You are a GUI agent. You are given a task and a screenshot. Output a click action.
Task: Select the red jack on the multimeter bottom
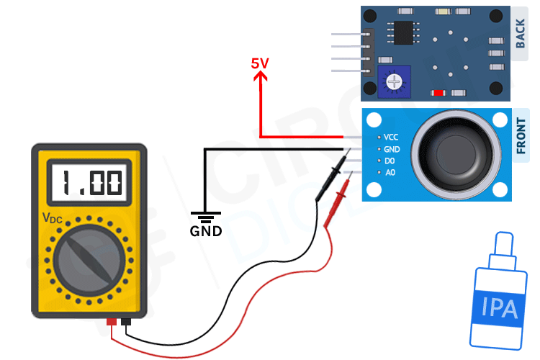pos(112,322)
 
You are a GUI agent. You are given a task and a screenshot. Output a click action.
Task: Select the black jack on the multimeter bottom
pos(127,322)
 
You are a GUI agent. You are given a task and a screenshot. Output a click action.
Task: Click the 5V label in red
pos(259,63)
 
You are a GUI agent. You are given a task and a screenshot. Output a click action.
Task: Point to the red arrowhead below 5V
pos(259,77)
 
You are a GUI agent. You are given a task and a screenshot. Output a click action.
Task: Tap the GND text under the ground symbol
pos(206,232)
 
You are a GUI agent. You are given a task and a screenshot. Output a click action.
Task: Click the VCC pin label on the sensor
pos(391,137)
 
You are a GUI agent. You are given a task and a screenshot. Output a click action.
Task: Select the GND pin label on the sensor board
pos(391,149)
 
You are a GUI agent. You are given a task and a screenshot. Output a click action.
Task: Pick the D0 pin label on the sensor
pos(390,161)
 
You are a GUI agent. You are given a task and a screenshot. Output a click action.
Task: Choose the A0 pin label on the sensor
pos(390,173)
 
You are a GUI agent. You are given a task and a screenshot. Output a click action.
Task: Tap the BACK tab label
pos(522,34)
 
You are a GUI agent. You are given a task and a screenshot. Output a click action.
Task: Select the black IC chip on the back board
pos(401,32)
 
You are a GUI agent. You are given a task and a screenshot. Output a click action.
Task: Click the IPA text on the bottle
pos(500,310)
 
